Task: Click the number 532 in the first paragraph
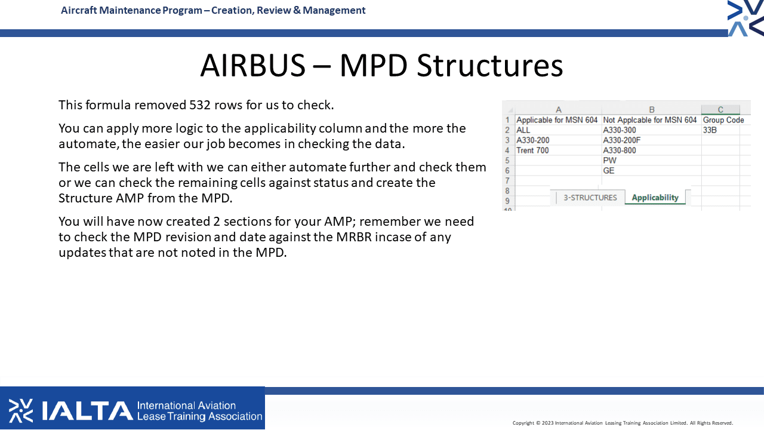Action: pos(200,105)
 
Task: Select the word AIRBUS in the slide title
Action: pos(252,65)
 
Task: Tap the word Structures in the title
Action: pos(490,65)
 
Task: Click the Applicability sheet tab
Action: pos(655,197)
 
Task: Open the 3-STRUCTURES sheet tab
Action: pos(590,198)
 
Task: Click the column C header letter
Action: pos(720,109)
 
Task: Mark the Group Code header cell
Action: pos(723,120)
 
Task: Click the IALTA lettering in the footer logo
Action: pos(87,410)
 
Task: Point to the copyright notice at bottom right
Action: pos(623,423)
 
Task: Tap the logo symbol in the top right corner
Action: pos(745,18)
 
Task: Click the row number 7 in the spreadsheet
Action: pos(507,180)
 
